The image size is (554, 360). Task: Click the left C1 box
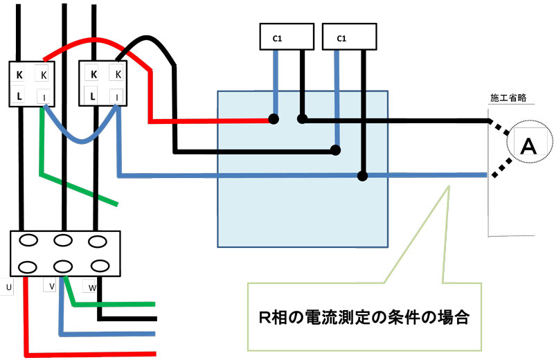pos(286,38)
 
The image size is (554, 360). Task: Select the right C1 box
pos(350,38)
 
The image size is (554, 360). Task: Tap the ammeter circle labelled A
pos(528,145)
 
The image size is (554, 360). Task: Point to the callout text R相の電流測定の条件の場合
pos(364,318)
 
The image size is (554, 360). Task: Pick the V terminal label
pos(51,286)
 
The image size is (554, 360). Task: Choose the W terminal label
pos(92,286)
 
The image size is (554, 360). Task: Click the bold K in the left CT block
pos(19,74)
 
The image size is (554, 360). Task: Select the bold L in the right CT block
pos(93,95)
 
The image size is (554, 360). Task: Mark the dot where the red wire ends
pos(274,120)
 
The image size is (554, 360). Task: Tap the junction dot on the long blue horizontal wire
pos(362,175)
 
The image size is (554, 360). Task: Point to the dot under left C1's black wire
pos(302,119)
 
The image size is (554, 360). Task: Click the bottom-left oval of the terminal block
pos(27,267)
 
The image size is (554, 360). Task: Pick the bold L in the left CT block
pos(19,95)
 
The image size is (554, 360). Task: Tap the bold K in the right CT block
pos(93,74)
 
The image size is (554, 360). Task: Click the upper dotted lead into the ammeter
pos(499,129)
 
